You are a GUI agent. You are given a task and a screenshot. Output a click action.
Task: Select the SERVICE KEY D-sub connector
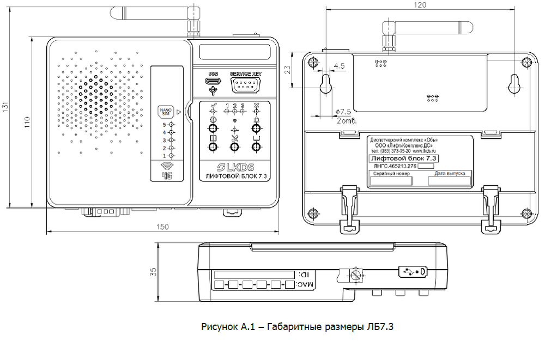click(246, 84)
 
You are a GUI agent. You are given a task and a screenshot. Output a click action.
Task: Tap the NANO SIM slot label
click(165, 112)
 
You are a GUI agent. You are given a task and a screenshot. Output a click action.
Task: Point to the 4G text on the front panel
click(167, 175)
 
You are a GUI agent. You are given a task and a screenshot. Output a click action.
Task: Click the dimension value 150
click(162, 227)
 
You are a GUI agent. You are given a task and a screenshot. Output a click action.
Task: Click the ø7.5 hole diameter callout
click(341, 112)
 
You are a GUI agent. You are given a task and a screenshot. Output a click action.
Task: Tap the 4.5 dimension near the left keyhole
click(338, 66)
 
